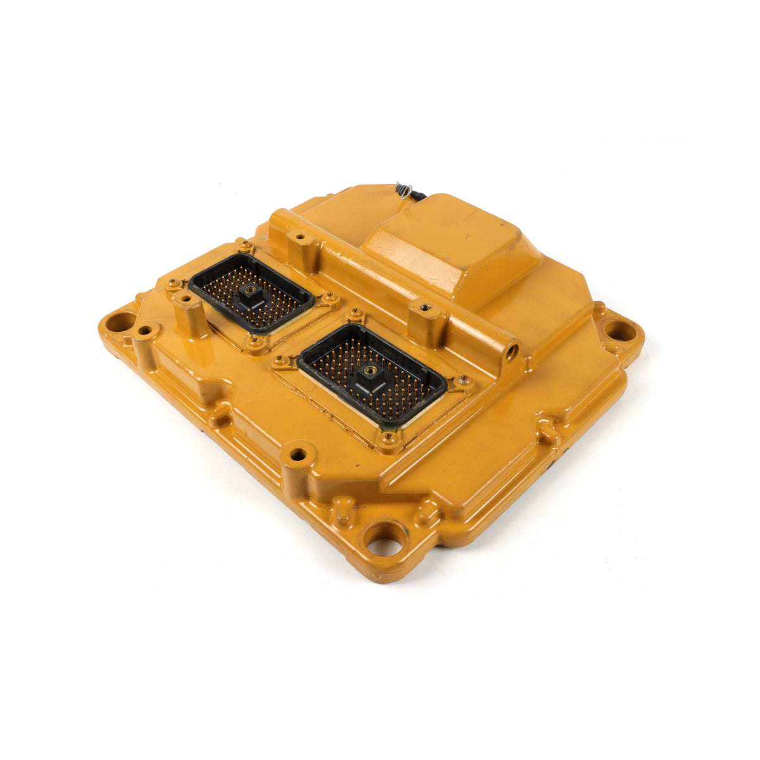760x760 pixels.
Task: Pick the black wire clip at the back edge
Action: coord(403,190)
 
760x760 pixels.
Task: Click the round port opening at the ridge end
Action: coord(511,348)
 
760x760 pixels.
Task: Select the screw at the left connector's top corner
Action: coord(243,243)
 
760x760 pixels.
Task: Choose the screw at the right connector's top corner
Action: coord(356,312)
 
